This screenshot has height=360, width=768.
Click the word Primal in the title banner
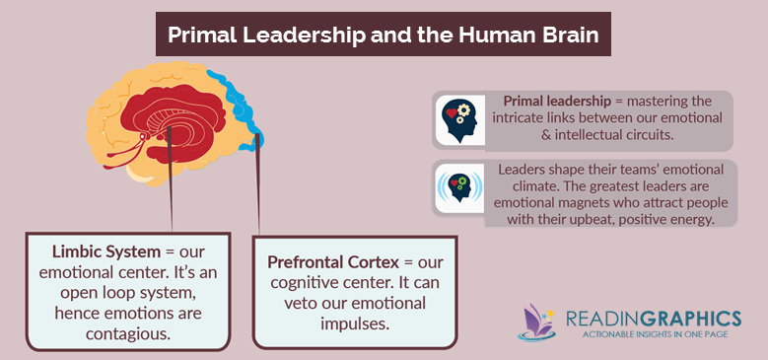203,34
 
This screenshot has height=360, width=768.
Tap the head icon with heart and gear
459,118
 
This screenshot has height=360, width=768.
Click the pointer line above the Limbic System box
172,197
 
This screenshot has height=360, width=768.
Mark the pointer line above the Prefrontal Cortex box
258,192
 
